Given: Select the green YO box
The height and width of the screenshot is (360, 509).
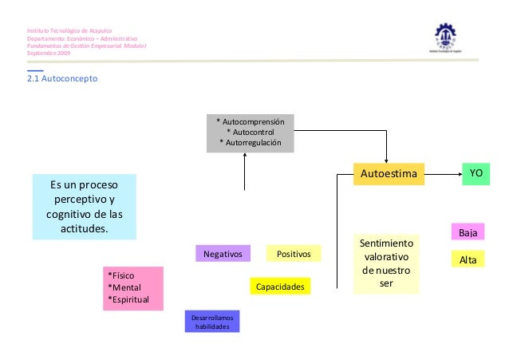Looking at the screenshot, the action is click(476, 173).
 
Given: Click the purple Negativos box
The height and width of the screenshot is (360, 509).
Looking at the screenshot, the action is click(223, 254).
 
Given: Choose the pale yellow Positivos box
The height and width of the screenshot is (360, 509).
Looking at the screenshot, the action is click(294, 254).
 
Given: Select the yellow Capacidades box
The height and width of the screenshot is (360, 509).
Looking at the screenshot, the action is click(279, 286).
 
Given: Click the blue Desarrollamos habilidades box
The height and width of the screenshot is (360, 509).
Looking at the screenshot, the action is click(212, 321).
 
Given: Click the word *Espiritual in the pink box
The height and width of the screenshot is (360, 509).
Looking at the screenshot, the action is click(132, 300).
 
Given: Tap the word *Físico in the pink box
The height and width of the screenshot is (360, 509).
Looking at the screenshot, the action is click(124, 275).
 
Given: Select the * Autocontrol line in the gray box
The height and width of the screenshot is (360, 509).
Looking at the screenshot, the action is click(251, 131).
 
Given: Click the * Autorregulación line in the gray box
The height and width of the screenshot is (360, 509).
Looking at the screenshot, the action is click(251, 142).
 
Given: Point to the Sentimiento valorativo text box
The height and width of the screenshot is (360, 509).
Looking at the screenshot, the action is click(385, 263).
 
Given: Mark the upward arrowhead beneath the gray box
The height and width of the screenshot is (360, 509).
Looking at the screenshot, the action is click(245, 156).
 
